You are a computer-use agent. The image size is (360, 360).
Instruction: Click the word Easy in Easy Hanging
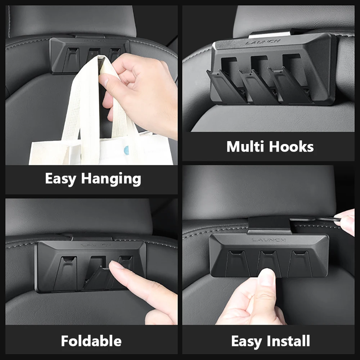[60, 179]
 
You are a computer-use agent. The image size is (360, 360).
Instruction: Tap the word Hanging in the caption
[111, 179]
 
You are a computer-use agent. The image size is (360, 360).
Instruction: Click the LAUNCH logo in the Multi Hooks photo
[263, 42]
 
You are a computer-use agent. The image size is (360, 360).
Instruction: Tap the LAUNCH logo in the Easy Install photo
[269, 240]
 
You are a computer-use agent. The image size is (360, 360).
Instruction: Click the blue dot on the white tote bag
[126, 150]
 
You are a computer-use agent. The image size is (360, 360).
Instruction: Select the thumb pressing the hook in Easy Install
[266, 284]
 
